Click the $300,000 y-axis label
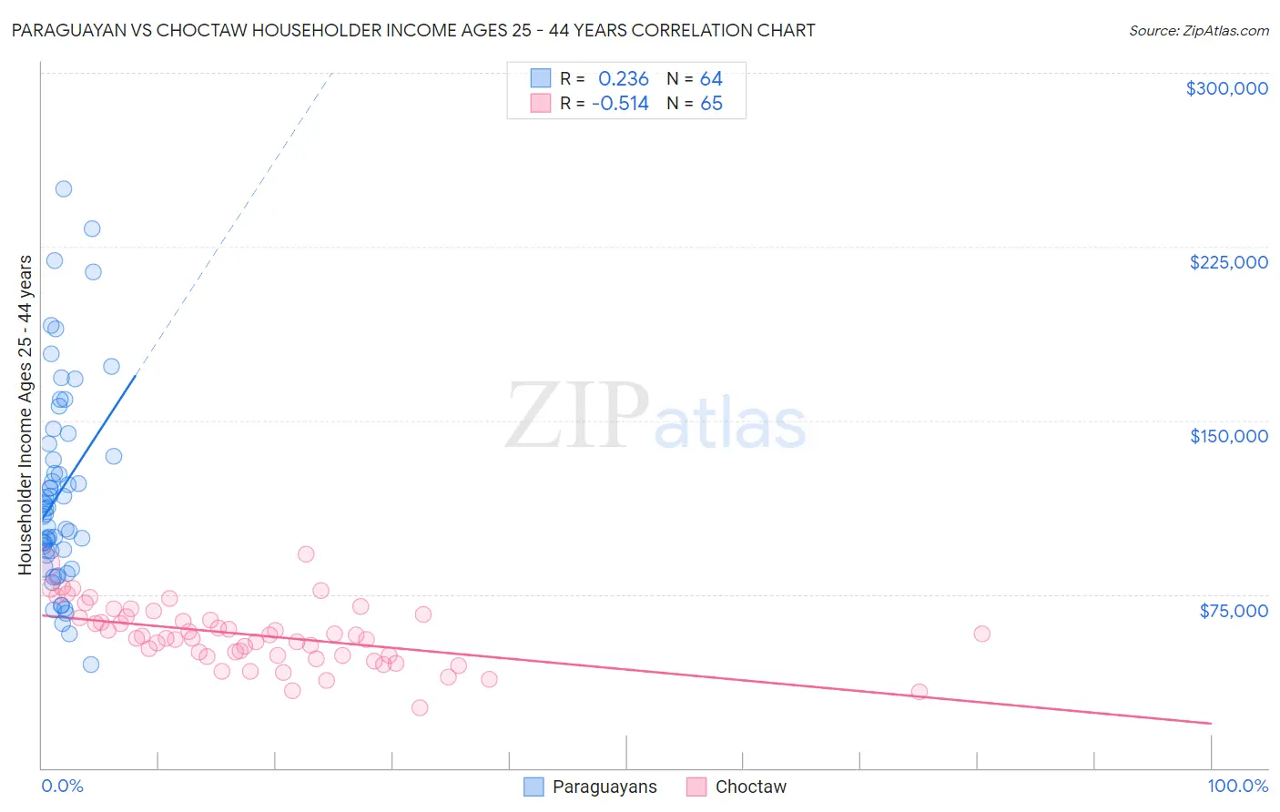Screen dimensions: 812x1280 [x=1226, y=88]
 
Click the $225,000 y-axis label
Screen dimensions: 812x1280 [x=1228, y=262]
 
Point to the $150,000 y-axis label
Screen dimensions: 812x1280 [x=1228, y=436]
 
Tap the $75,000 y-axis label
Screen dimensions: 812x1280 [x=1234, y=610]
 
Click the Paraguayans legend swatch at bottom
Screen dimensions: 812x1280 [x=533, y=787]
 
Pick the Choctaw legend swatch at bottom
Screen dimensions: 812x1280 [x=696, y=787]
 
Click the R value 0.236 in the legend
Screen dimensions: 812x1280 [x=624, y=79]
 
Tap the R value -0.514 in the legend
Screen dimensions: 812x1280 [x=620, y=104]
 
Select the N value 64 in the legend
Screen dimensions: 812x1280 [x=711, y=79]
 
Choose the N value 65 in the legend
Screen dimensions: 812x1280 [x=711, y=104]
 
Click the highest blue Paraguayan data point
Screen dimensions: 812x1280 [x=64, y=189]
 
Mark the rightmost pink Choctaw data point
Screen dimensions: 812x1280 [x=981, y=634]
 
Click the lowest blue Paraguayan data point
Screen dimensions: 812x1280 [x=91, y=665]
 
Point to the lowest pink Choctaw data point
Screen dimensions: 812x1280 [x=420, y=707]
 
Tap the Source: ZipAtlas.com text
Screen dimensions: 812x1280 [x=1198, y=30]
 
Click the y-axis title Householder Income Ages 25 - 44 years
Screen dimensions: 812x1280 [x=25, y=415]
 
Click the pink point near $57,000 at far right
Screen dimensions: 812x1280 [x=981, y=634]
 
